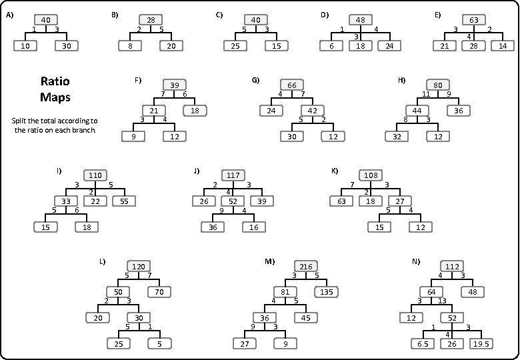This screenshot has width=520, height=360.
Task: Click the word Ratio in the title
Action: click(55, 81)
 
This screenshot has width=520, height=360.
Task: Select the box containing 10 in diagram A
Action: click(25, 46)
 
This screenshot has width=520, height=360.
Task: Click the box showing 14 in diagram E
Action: click(503, 46)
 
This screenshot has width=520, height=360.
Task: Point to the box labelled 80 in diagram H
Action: click(438, 85)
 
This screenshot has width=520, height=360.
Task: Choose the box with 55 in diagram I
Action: click(124, 201)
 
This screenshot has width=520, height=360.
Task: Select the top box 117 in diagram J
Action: click(233, 175)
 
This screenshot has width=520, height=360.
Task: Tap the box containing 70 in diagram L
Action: click(159, 292)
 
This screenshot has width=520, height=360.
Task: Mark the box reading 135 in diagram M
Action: click(327, 292)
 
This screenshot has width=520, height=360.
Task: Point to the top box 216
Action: click(305, 267)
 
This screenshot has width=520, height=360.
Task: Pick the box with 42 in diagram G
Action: click(313, 111)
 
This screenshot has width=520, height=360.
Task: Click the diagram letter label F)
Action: click(138, 81)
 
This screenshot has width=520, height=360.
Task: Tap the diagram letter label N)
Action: click(416, 261)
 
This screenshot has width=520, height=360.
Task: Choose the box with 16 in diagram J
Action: click(255, 227)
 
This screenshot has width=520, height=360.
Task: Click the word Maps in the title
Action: click(55, 97)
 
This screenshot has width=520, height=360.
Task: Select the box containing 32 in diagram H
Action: click(397, 136)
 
